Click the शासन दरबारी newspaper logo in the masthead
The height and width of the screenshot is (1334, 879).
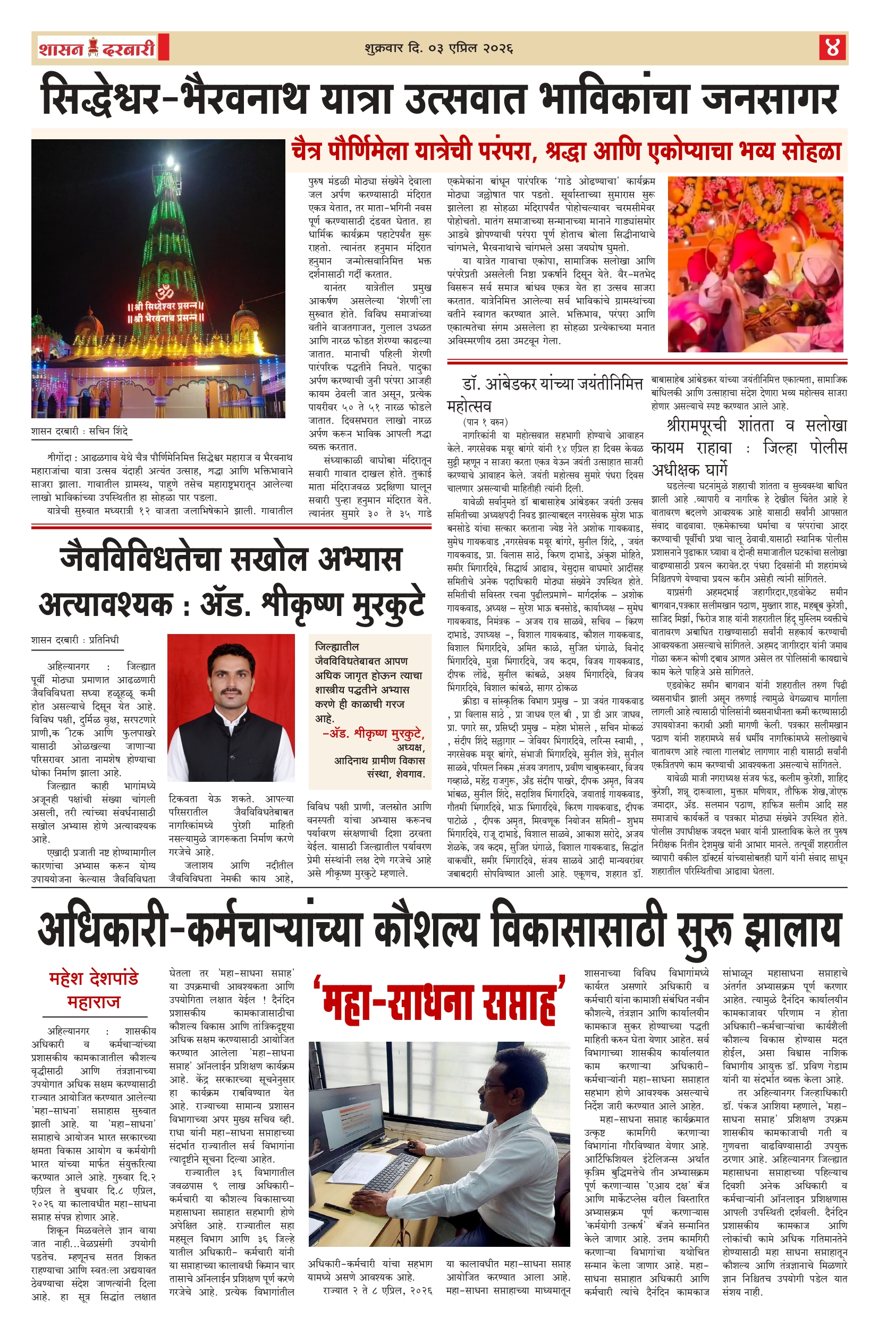(x=97, y=48)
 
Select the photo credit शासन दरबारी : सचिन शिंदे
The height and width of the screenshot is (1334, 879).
(x=80, y=432)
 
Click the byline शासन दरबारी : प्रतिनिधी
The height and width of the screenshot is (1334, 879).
(x=75, y=640)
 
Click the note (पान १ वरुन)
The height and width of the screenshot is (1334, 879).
(x=485, y=421)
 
